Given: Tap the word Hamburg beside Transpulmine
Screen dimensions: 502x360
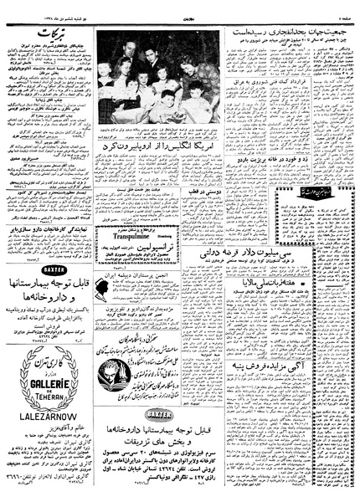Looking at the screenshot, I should [183, 236].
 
